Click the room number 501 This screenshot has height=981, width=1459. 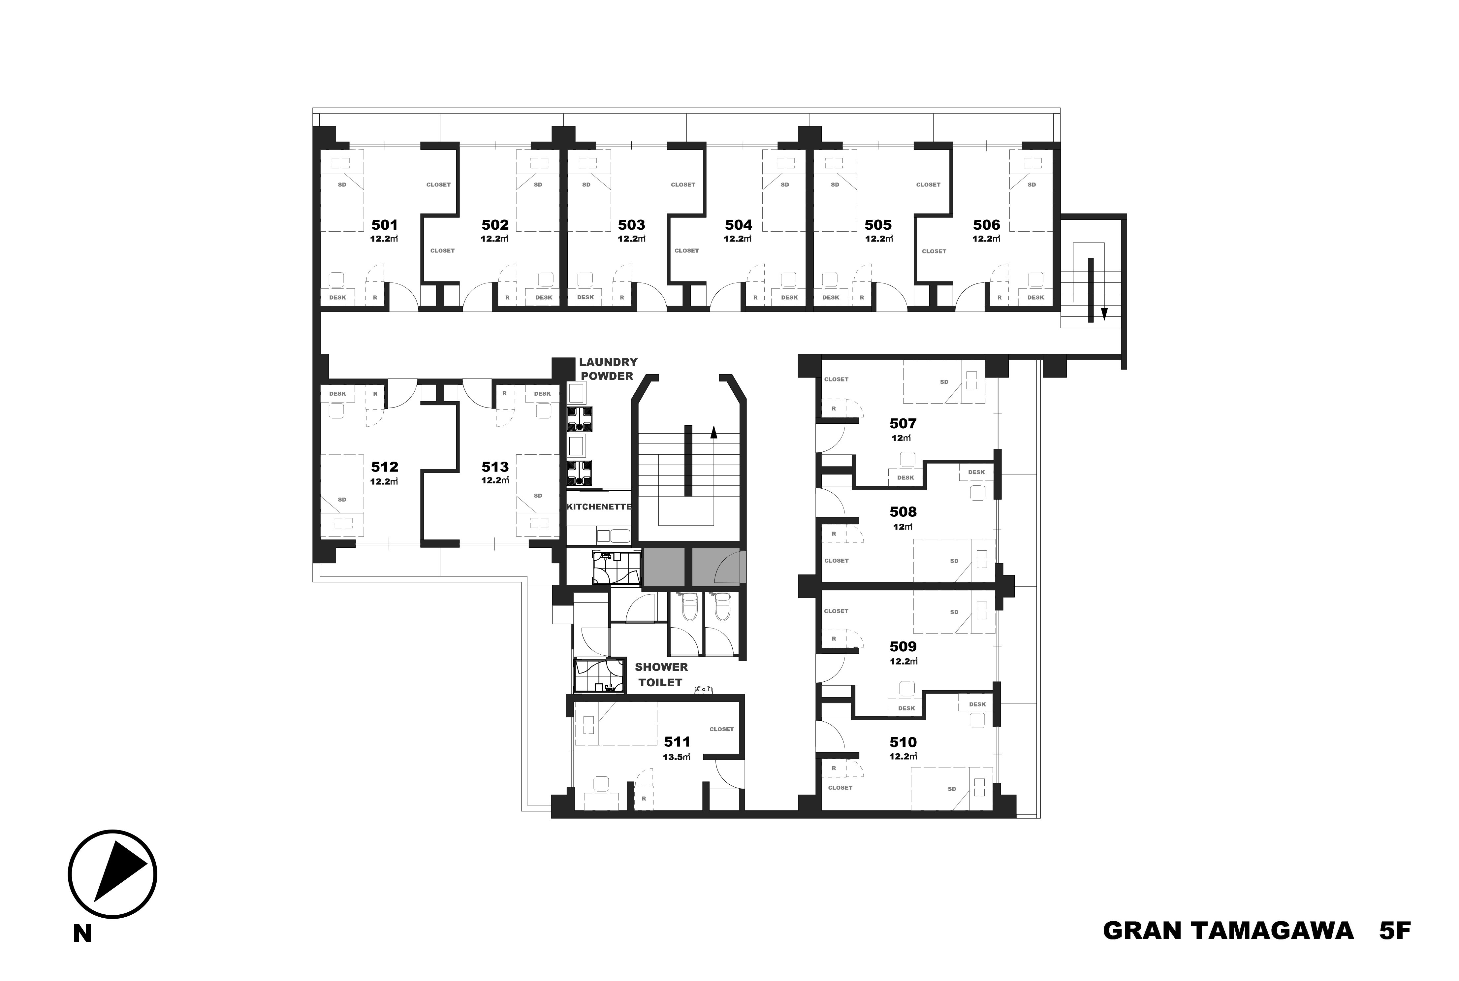pyautogui.click(x=385, y=225)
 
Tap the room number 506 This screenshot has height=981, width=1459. pyautogui.click(x=987, y=225)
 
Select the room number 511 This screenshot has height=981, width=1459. pyautogui.click(x=677, y=742)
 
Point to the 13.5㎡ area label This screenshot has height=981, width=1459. pyautogui.click(x=677, y=756)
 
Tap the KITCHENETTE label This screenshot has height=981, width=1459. pyautogui.click(x=598, y=507)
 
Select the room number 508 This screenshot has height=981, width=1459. pyautogui.click(x=903, y=512)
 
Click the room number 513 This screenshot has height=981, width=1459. pyautogui.click(x=495, y=467)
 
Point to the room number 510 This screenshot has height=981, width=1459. pyautogui.click(x=903, y=742)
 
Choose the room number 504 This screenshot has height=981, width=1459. pyautogui.click(x=739, y=225)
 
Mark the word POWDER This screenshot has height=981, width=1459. pyautogui.click(x=607, y=376)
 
